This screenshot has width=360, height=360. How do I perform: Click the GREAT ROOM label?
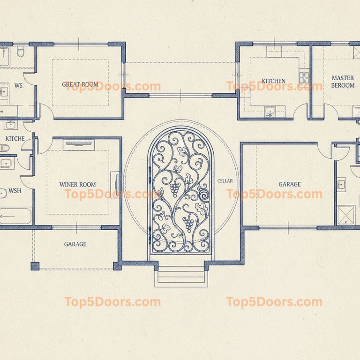pyautogui.click(x=80, y=84)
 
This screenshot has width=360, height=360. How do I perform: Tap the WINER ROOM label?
pyautogui.click(x=78, y=185)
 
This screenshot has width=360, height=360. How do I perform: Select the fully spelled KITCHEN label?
pyautogui.click(x=274, y=81)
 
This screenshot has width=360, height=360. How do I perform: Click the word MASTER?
pyautogui.click(x=343, y=78)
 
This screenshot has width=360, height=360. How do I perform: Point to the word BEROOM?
pyautogui.click(x=343, y=85)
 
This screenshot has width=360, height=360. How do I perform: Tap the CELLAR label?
pyautogui.click(x=225, y=181)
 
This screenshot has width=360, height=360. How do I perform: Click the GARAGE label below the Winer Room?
pyautogui.click(x=75, y=244)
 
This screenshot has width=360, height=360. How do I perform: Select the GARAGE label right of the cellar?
pyautogui.click(x=290, y=184)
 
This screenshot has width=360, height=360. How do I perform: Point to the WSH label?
pyautogui.click(x=15, y=191)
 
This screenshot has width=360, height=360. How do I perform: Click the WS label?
pyautogui.click(x=19, y=86)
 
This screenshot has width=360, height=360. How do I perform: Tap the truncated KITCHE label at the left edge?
pyautogui.click(x=15, y=139)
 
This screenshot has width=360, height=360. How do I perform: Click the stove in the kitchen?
pyautogui.click(x=304, y=77)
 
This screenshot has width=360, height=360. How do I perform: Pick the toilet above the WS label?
pyautogui.click(x=21, y=52)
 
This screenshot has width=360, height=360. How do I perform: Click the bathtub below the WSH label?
pyautogui.click(x=15, y=216)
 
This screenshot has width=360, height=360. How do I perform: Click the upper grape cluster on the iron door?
pyautogui.click(x=175, y=189)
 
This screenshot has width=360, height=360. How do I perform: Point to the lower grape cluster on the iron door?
pyautogui.click(x=189, y=224)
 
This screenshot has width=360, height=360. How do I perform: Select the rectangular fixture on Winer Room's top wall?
pyautogui.click(x=79, y=145)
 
